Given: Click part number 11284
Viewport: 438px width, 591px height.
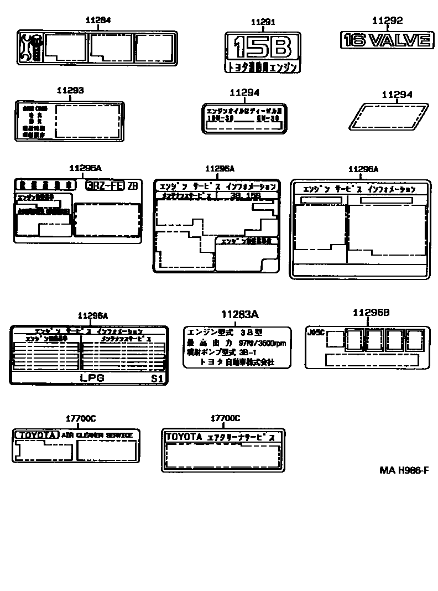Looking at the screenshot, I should tap(98, 20).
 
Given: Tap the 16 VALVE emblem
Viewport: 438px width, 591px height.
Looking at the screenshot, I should tap(386, 40).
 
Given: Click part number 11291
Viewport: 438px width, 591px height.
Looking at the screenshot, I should tap(263, 22).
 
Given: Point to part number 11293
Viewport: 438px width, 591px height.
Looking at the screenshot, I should tap(70, 90).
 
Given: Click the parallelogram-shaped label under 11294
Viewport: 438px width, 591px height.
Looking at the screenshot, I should tap(390, 117).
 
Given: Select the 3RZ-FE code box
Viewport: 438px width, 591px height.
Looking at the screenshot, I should tap(105, 186).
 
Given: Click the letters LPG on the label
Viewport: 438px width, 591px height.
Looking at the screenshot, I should tap(92, 379).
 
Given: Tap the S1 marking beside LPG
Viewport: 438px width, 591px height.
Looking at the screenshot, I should tap(157, 379).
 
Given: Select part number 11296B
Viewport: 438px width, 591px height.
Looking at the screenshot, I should tap(371, 313).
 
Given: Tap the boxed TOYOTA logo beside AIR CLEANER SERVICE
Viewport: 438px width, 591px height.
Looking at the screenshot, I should tap(36, 436).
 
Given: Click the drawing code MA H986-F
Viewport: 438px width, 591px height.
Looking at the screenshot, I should tap(404, 470).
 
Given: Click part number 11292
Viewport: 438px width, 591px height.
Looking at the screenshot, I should tap(387, 21).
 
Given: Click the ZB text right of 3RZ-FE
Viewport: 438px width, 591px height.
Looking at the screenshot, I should tap(133, 186).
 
